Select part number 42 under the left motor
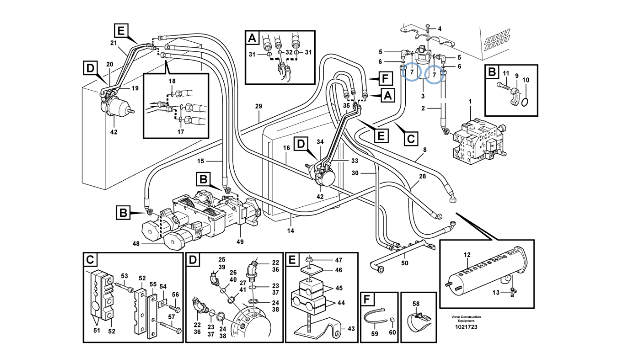pos(114,132)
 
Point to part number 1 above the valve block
pos(470,102)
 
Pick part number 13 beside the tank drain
pos(495,293)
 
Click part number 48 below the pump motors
pos(136,244)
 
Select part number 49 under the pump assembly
pos(240,242)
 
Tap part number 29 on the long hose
pos(258,106)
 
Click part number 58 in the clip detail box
pos(416,303)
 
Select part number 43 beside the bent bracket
pos(351,328)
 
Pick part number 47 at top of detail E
pos(338,260)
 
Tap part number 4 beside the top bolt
pos(439,28)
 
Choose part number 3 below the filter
pos(423,96)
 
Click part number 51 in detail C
pos(97,331)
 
